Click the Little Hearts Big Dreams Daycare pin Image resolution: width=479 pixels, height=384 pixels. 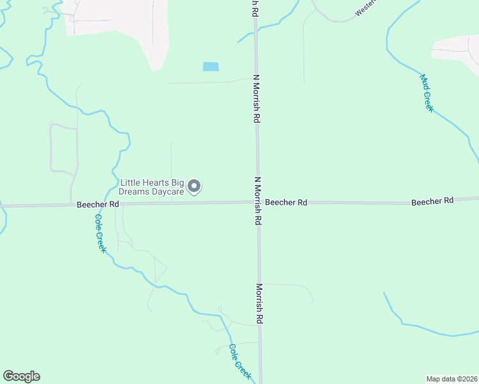(195, 186)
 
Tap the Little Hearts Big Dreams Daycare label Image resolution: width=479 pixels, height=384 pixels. (152, 187)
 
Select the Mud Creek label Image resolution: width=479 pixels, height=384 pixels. (426, 93)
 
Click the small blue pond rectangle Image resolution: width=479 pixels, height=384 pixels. (210, 67)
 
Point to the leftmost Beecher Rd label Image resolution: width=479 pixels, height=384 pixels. (98, 204)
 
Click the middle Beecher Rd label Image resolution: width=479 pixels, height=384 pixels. (286, 202)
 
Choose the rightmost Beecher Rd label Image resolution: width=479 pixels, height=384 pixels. (432, 201)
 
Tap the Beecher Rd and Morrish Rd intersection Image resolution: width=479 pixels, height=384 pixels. (258, 202)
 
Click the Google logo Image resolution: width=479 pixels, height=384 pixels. (21, 376)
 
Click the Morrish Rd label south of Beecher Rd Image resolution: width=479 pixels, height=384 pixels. (260, 303)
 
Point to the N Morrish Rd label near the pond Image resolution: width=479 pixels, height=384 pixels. (256, 99)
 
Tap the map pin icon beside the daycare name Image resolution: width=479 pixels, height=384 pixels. (195, 186)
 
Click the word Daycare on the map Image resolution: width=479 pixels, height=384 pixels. (166, 191)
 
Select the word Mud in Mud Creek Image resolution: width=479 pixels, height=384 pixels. (423, 81)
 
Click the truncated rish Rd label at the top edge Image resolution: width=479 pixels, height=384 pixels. (255, 8)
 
